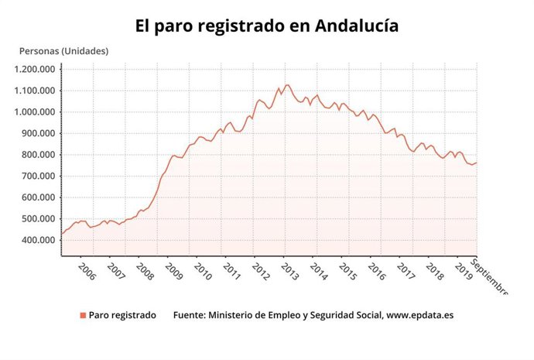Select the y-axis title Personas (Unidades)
click(x=63, y=51)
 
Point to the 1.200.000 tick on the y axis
click(x=36, y=69)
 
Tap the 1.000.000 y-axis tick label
click(x=36, y=111)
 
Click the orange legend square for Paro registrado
click(x=82, y=315)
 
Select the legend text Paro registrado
click(x=122, y=315)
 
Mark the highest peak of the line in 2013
click(x=287, y=84)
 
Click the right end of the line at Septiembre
click(x=476, y=163)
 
